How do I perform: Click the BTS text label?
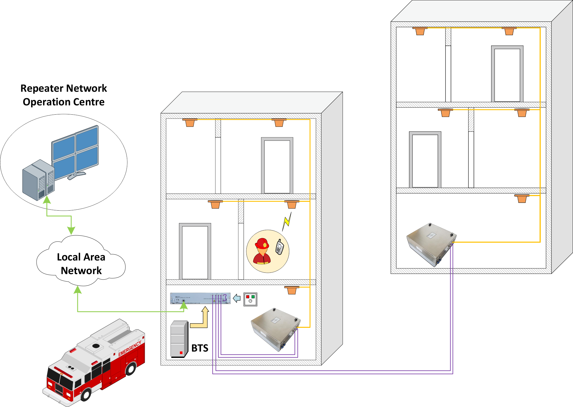[x=200, y=348]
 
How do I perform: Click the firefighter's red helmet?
[x=262, y=244]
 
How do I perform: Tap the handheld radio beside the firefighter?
[x=280, y=247]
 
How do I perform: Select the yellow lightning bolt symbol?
[x=287, y=221]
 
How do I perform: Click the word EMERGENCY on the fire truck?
[x=129, y=349]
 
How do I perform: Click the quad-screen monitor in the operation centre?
[x=75, y=152]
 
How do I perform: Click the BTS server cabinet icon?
[x=179, y=339]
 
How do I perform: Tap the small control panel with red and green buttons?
[x=250, y=299]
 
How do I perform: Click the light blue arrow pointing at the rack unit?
[x=237, y=298]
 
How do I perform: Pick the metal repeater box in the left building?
[x=276, y=329]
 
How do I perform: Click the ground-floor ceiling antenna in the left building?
[x=291, y=290]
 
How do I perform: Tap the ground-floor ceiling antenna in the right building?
[x=522, y=198]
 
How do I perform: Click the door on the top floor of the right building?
[x=507, y=74]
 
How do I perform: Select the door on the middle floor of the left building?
[x=195, y=251]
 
